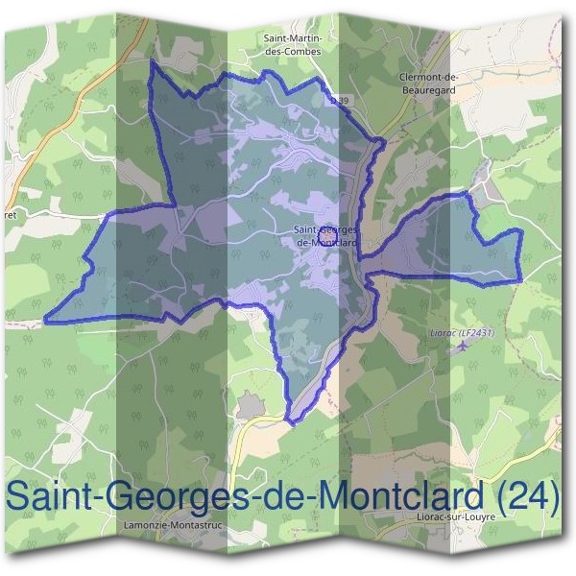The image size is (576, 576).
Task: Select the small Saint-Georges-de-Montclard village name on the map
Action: (x=326, y=236)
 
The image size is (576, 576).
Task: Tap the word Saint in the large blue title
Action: (x=49, y=496)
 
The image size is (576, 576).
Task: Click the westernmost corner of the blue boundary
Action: (x=45, y=318)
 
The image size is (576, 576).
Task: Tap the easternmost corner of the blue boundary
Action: (x=521, y=279)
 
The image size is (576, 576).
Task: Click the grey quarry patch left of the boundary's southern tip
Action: (x=249, y=409)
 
